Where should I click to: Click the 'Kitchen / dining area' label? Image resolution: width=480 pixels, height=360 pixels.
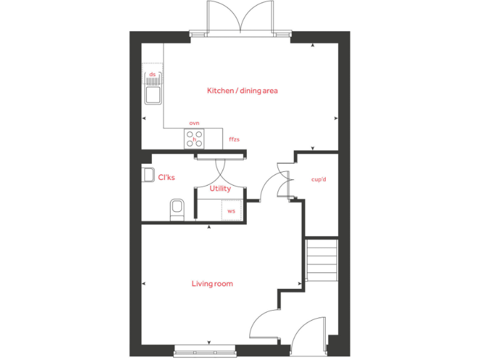[x=242, y=91]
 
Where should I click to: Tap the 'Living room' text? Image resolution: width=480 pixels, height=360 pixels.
[x=212, y=284]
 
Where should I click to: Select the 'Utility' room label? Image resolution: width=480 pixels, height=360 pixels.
[x=220, y=188]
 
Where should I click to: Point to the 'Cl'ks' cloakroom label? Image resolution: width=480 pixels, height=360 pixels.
[x=166, y=177]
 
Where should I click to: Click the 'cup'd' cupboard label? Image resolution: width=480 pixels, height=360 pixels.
[x=319, y=179]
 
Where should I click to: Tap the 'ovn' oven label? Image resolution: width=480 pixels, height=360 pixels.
[x=194, y=123]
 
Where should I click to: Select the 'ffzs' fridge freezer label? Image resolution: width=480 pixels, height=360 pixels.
[x=234, y=139]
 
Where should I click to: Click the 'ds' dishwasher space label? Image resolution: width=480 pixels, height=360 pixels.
[x=152, y=74]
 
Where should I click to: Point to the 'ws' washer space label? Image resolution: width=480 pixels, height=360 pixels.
[x=231, y=211]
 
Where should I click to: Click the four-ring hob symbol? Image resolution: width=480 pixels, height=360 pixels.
[x=194, y=139]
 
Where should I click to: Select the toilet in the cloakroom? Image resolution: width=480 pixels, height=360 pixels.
[x=177, y=209]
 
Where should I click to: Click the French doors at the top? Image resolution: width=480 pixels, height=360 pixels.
[x=241, y=17]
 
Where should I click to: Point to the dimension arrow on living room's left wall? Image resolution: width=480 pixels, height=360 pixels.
[x=144, y=284]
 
